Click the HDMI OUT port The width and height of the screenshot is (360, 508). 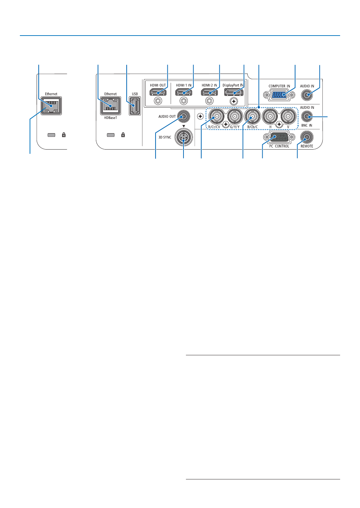158,92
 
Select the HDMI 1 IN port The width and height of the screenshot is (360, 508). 183,92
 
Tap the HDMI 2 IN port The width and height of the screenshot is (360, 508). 209,92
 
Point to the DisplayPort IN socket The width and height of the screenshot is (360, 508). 234,92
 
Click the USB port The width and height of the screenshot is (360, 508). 135,106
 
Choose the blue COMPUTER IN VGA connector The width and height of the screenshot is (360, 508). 279,95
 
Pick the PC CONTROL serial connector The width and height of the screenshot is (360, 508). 279,137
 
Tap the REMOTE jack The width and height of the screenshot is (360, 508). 307,137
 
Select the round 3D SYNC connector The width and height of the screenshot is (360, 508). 183,138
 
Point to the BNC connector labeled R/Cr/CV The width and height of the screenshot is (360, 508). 217,117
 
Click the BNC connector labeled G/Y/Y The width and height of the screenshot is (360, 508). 235,117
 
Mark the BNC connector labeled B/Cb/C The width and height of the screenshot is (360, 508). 253,117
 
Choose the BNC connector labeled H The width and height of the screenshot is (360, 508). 270,117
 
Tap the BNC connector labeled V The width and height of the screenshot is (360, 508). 288,117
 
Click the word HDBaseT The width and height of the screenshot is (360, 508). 111,118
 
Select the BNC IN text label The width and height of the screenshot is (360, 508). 307,126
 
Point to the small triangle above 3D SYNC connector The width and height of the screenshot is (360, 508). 183,126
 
